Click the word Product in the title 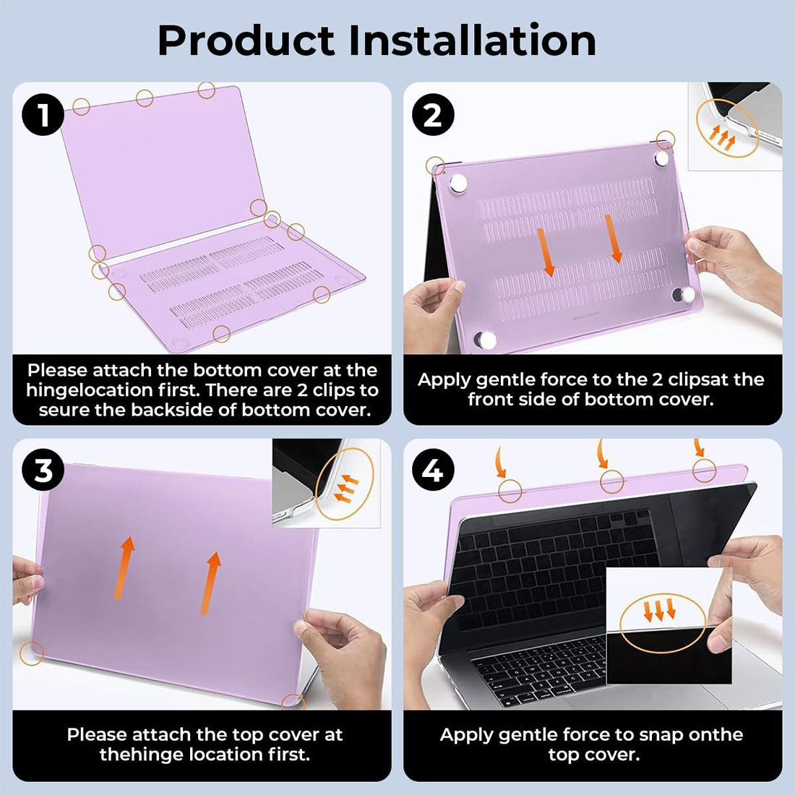[246, 40]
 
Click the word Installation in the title [473, 40]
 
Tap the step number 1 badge [43, 114]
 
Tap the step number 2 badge [432, 115]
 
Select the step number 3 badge [43, 470]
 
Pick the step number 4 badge [432, 470]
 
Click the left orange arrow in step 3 [124, 568]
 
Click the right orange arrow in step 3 [210, 583]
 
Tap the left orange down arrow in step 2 [546, 252]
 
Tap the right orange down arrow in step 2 [613, 239]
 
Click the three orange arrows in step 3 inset [347, 489]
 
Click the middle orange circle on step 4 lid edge [611, 481]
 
